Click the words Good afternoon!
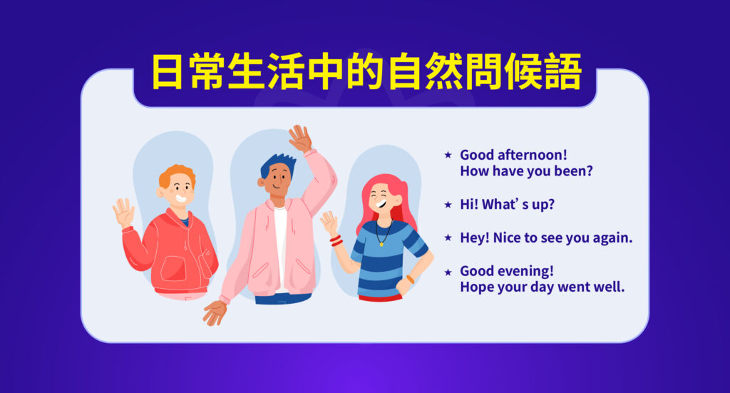(506, 154)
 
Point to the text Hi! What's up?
(507, 204)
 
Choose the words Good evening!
(506, 271)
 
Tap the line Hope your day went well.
(542, 288)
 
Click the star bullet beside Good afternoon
(448, 154)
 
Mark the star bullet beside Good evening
(448, 272)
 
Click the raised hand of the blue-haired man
(300, 138)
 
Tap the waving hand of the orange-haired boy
(123, 213)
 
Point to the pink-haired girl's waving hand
(329, 223)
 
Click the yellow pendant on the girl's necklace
(381, 243)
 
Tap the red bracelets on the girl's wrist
(336, 241)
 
